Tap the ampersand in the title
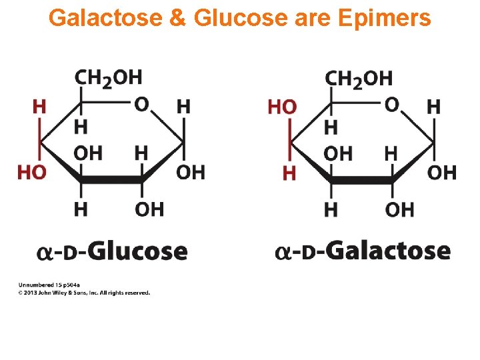[x=178, y=18]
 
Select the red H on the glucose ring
[x=40, y=106]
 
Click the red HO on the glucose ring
[x=31, y=173]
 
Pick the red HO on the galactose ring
[x=282, y=107]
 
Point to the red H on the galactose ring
[x=289, y=173]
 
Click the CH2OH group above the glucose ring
[x=108, y=79]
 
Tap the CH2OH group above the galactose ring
[x=359, y=79]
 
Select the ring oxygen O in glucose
[x=141, y=105]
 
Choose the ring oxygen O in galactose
[x=392, y=105]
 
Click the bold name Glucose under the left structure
[x=137, y=251]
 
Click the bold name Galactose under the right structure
[x=387, y=251]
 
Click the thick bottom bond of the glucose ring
[x=111, y=179]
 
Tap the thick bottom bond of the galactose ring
[x=362, y=179]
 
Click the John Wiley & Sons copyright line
[x=83, y=293]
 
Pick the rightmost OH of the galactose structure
[x=441, y=173]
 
